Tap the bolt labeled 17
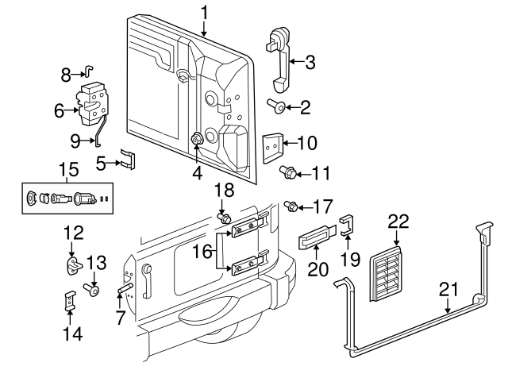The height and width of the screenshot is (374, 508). [291, 206]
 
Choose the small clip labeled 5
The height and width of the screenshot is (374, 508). [128, 157]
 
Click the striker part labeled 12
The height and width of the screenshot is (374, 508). [74, 265]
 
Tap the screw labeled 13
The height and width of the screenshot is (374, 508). [94, 290]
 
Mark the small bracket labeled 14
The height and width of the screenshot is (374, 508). [70, 302]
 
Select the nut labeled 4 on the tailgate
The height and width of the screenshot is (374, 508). [195, 140]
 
